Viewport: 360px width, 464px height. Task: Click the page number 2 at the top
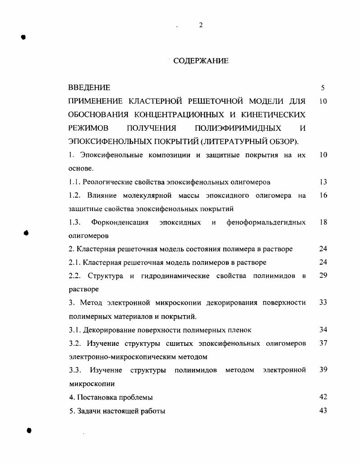tap(201, 25)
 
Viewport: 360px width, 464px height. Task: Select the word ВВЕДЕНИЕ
tap(89, 87)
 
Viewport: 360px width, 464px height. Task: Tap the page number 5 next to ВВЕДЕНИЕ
tap(323, 88)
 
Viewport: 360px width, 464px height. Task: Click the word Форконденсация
tap(120, 222)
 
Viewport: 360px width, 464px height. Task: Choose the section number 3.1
tap(74, 330)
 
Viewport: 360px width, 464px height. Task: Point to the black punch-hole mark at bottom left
tap(29, 430)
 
